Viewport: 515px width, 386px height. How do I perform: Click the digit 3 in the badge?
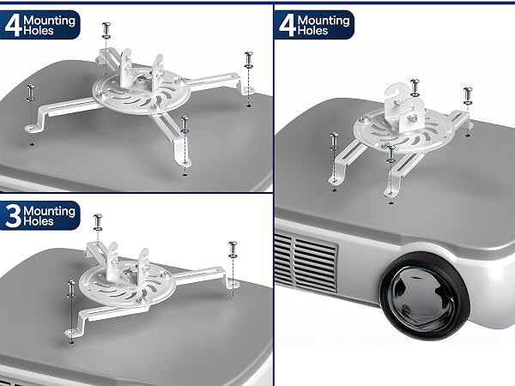(13, 215)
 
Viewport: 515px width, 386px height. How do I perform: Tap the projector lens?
(425, 296)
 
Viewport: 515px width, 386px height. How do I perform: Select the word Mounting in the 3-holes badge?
(49, 211)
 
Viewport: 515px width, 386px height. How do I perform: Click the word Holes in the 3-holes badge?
(39, 221)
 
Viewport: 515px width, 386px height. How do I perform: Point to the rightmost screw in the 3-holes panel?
(233, 249)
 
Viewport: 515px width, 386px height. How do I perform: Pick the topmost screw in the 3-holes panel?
(98, 222)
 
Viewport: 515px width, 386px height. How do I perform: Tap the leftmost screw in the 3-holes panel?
(71, 289)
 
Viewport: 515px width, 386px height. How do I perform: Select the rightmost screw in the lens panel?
(468, 95)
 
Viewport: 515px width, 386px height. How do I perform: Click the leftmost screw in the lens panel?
(334, 141)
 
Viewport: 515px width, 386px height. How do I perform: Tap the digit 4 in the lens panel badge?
(288, 26)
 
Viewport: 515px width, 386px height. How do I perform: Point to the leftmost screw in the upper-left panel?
(30, 93)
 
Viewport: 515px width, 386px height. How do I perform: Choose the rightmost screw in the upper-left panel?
(249, 60)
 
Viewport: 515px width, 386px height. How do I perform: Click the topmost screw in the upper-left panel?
(106, 31)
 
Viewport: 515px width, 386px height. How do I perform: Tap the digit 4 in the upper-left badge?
(14, 26)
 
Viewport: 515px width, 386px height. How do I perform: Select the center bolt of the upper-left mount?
(142, 80)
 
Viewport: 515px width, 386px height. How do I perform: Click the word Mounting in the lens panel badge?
(324, 21)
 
